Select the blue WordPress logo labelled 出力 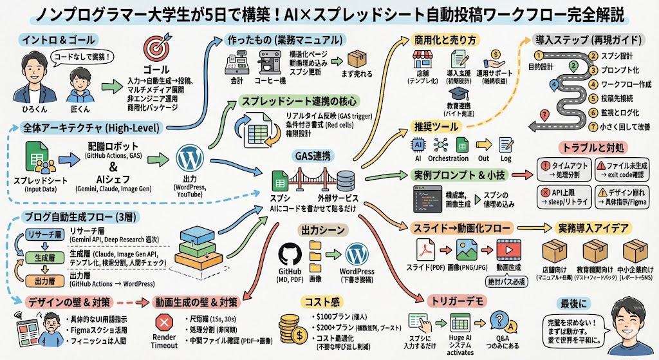[188, 158]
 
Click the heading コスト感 [321, 301]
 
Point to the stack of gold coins [296, 328]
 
